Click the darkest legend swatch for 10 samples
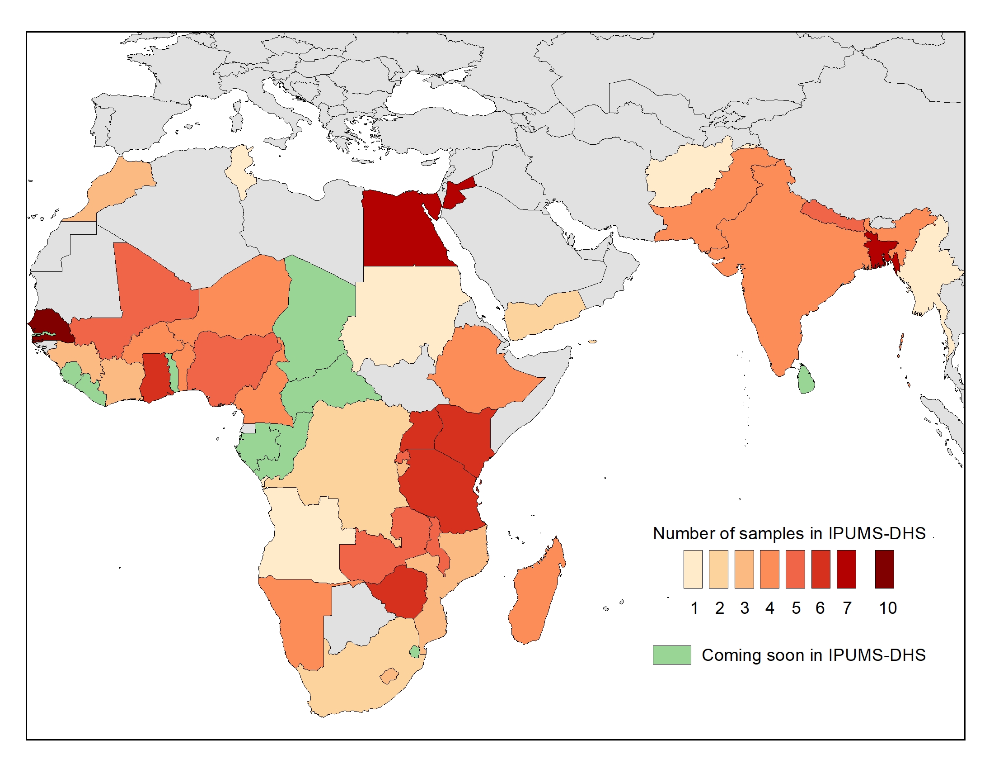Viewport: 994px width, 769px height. [x=884, y=569]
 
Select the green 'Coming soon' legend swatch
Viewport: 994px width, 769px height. [x=672, y=655]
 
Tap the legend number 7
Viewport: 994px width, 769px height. [x=847, y=608]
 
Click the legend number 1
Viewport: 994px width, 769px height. [x=694, y=608]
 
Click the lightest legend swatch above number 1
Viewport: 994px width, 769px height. [x=693, y=569]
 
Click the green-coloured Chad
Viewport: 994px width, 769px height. [x=319, y=314]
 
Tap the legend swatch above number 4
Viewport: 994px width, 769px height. [x=769, y=569]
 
